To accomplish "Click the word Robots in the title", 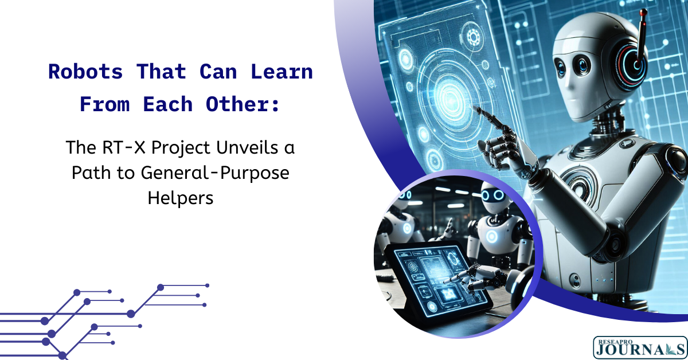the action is (85, 72).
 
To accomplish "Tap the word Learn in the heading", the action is (282, 72).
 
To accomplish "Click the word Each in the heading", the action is (167, 104).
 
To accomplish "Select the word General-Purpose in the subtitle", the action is (215, 173).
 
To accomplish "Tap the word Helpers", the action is (181, 198).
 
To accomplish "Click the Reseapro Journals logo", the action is (640, 348).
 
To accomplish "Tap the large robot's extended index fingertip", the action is (476, 109).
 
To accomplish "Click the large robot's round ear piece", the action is (634, 63).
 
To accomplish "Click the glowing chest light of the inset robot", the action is (492, 236).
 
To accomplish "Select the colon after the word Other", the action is (276, 105).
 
